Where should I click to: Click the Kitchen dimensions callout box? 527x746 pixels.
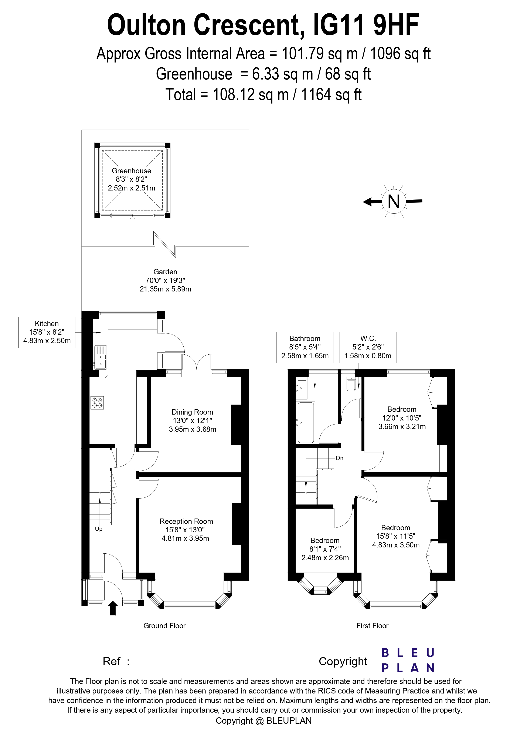47,332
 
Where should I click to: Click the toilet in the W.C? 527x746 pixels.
351,384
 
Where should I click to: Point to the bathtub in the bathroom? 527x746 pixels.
306,422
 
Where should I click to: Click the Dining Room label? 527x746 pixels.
193,412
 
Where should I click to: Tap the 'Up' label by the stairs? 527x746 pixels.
99,529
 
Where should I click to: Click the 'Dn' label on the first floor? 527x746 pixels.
340,458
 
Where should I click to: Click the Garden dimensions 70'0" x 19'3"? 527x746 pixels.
165,280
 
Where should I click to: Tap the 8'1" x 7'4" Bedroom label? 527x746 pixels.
325,549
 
